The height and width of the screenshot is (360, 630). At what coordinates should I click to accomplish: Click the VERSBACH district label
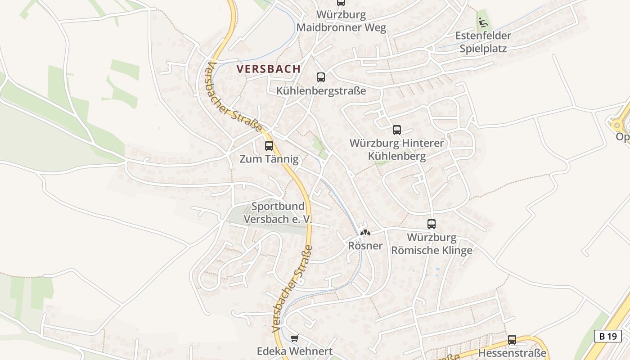click(x=268, y=69)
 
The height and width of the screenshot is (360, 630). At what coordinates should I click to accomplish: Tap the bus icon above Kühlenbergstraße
click(x=320, y=77)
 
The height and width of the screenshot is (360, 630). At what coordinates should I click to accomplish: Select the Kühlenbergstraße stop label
click(x=321, y=91)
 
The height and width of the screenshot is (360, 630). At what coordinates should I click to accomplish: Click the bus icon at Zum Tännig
click(x=269, y=146)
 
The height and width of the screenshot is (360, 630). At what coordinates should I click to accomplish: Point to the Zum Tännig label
click(x=269, y=159)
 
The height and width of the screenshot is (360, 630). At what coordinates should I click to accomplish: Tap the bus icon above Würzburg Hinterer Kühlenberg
click(x=396, y=130)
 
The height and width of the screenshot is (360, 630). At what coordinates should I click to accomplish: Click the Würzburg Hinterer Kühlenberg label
click(x=396, y=150)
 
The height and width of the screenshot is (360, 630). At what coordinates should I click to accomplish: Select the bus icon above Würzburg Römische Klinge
click(x=432, y=224)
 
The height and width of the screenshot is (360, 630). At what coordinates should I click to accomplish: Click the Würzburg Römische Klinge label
click(x=432, y=243)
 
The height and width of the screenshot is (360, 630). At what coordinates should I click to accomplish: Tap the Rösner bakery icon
click(x=365, y=233)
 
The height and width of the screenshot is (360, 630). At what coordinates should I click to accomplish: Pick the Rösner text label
click(x=365, y=246)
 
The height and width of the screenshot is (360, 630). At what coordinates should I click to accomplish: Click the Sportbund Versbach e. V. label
click(x=278, y=212)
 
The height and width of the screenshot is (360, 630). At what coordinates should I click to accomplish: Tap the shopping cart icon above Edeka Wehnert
click(x=294, y=338)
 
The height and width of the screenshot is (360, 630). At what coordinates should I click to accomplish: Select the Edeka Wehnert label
click(x=294, y=351)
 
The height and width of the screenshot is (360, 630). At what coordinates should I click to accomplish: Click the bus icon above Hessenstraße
click(x=512, y=340)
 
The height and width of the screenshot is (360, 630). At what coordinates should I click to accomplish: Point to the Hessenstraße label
click(x=512, y=353)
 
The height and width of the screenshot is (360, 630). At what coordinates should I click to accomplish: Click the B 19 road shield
click(x=607, y=336)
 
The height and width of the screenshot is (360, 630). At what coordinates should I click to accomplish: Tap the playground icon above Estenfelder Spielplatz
click(x=483, y=22)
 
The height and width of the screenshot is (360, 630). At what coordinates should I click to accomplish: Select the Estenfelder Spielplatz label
click(x=483, y=42)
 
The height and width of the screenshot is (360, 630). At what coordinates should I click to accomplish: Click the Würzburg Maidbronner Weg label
click(x=341, y=21)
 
